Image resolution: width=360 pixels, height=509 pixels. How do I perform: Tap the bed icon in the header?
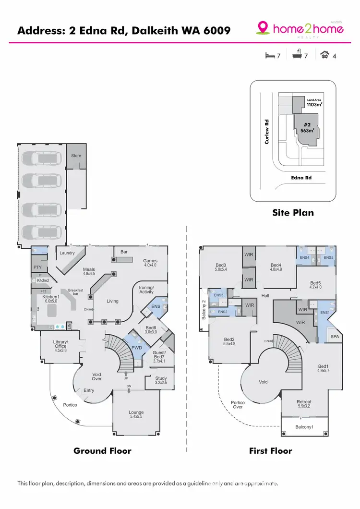pyautogui.click(x=270, y=56)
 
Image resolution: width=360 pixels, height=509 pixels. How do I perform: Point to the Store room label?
pyautogui.click(x=76, y=156)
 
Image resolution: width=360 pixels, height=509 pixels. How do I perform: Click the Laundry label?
pyautogui.click(x=67, y=253)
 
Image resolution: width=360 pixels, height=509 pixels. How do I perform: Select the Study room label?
pyautogui.click(x=161, y=381)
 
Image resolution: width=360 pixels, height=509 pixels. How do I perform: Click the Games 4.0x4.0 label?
pyautogui.click(x=150, y=263)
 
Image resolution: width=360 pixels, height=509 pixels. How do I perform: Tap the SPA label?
pyautogui.click(x=335, y=337)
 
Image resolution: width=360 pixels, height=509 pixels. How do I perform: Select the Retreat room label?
pyautogui.click(x=304, y=404)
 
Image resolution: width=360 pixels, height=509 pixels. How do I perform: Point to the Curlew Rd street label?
pyautogui.click(x=267, y=131)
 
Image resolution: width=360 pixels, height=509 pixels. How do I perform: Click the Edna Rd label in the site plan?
pyautogui.click(x=301, y=178)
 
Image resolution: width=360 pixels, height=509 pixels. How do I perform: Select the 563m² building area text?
pyautogui.click(x=307, y=129)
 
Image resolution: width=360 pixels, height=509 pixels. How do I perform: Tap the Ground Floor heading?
pyautogui.click(x=102, y=451)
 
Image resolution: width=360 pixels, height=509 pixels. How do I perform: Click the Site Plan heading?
pyautogui.click(x=293, y=212)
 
